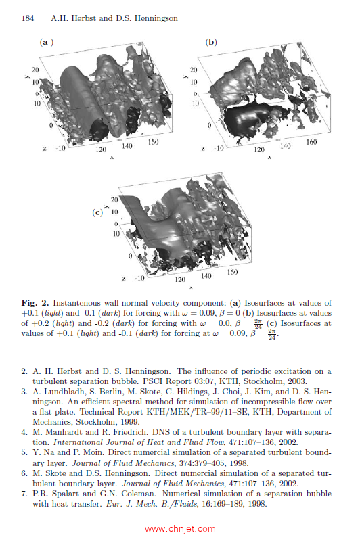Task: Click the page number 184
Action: (x=28, y=18)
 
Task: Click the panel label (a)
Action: (x=47, y=42)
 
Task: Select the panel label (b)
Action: (x=211, y=42)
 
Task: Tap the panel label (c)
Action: (x=97, y=212)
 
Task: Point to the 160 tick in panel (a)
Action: (x=153, y=142)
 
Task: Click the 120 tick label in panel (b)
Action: (x=259, y=149)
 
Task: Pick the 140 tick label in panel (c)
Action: (x=206, y=276)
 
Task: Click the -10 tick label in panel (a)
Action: (x=60, y=148)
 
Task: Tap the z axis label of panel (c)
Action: (x=124, y=279)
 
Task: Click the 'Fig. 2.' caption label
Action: (x=35, y=303)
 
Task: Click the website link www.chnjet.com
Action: (x=180, y=529)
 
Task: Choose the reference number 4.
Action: (x=24, y=432)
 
